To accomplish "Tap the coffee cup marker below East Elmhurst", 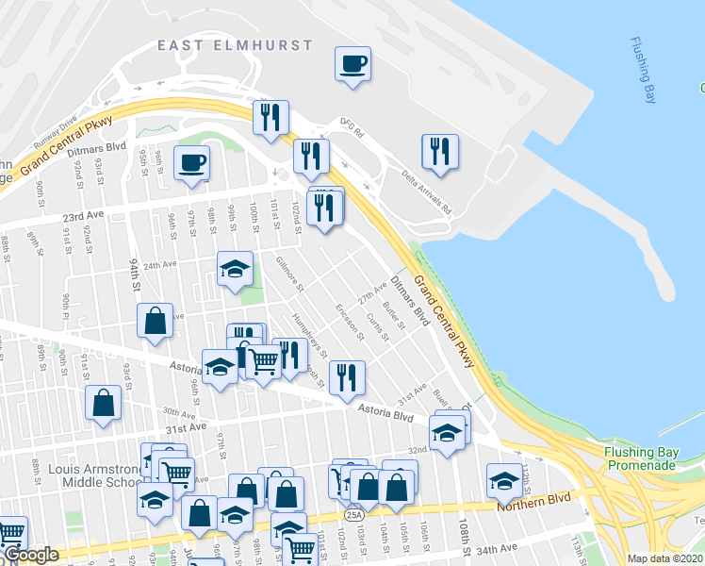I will (x=352, y=65).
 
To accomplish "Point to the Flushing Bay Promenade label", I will (x=640, y=458).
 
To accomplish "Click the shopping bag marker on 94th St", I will (x=156, y=321).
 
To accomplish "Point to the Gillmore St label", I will (x=287, y=272).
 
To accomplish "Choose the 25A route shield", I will (x=353, y=515).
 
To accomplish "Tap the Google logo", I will (x=31, y=556).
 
